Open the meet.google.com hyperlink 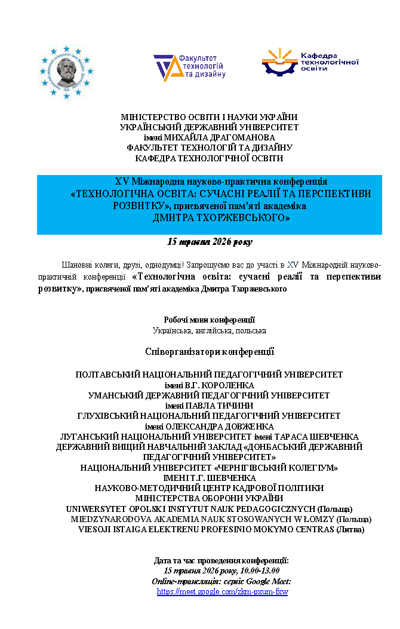click(222, 591)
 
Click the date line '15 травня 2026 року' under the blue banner click(209, 242)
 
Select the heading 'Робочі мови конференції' click(209, 320)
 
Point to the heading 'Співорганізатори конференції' click(209, 351)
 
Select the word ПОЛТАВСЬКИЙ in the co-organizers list click(107, 375)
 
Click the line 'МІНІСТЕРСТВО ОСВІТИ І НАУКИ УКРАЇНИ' click(209, 117)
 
